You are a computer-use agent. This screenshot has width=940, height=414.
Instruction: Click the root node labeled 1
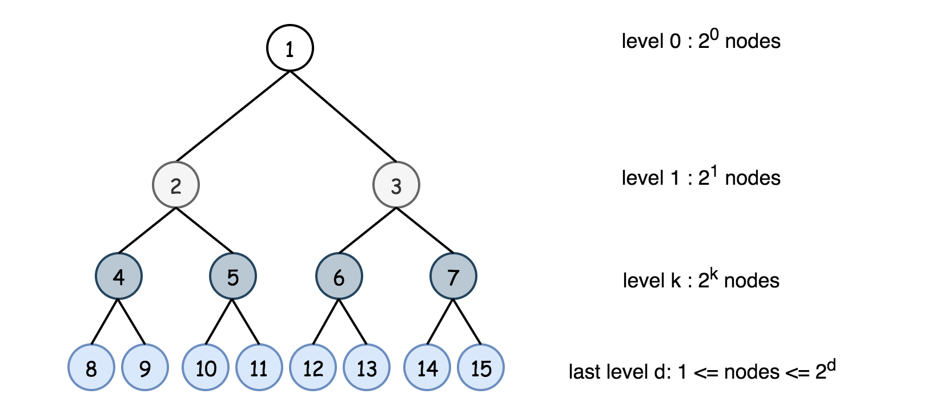[290, 48]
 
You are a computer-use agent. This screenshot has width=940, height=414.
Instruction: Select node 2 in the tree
[176, 185]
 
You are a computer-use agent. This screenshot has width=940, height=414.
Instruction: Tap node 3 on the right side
[396, 185]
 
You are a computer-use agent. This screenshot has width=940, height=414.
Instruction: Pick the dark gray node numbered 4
[119, 277]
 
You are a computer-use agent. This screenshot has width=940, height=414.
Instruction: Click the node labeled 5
[233, 277]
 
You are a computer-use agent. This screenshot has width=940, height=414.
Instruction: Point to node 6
[339, 277]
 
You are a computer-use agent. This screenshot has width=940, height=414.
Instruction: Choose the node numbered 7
[453, 277]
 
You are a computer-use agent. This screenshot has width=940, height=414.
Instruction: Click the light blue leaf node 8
[91, 368]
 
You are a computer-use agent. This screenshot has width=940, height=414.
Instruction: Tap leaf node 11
[259, 368]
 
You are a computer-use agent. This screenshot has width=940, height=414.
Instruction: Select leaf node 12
[313, 368]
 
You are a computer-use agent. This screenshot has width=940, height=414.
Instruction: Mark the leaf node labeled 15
[481, 368]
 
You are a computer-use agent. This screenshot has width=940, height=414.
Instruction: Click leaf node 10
[206, 368]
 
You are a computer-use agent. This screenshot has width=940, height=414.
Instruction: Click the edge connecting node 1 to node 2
[233, 116]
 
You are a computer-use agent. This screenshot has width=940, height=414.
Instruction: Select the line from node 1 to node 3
[343, 116]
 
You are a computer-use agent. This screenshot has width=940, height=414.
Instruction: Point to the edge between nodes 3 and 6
[368, 231]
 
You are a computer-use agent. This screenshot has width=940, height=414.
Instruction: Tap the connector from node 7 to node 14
[440, 322]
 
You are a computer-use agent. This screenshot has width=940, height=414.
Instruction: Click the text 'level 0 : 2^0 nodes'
[701, 41]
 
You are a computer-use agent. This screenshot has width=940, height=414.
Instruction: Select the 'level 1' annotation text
[701, 178]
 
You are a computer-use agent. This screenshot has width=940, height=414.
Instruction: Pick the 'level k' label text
[701, 280]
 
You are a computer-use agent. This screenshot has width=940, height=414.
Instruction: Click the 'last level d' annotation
[702, 371]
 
